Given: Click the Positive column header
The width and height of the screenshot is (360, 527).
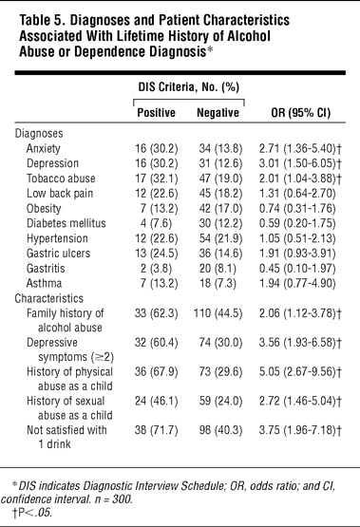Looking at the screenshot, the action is pyautogui.click(x=157, y=113).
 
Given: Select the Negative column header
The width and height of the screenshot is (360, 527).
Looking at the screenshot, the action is pyautogui.click(x=218, y=113).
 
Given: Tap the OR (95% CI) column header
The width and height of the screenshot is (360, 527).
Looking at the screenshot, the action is pyautogui.click(x=301, y=113).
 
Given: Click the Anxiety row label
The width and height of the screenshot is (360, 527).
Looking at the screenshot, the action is pyautogui.click(x=44, y=148).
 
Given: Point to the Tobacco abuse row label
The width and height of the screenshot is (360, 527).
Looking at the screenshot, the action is pyautogui.click(x=61, y=179).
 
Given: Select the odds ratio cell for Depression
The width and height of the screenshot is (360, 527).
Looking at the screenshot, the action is pyautogui.click(x=300, y=163).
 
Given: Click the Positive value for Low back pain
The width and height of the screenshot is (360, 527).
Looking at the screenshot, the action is pyautogui.click(x=157, y=194).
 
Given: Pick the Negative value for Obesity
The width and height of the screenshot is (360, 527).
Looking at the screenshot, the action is pyautogui.click(x=220, y=208).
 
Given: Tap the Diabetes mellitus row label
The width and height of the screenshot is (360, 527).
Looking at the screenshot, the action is pyautogui.click(x=66, y=223).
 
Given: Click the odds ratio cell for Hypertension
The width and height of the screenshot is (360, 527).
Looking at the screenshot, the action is pyautogui.click(x=297, y=238).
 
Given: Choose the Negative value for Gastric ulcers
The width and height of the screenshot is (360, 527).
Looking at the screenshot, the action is pyautogui.click(x=220, y=254).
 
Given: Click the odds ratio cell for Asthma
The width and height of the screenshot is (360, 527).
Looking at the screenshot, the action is pyautogui.click(x=297, y=283).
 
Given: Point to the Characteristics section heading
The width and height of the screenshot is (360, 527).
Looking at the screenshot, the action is pyautogui.click(x=49, y=298).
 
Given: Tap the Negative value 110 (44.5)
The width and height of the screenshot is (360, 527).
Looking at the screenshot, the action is pyautogui.click(x=218, y=313).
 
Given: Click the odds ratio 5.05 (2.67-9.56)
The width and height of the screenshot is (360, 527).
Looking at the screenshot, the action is pyautogui.click(x=300, y=371).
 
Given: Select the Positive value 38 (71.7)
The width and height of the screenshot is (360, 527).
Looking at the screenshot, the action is pyautogui.click(x=157, y=430).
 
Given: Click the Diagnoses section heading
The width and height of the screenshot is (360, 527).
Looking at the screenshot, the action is pyautogui.click(x=39, y=134).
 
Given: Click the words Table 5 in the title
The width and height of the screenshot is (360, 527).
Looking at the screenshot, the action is pyautogui.click(x=42, y=20).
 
